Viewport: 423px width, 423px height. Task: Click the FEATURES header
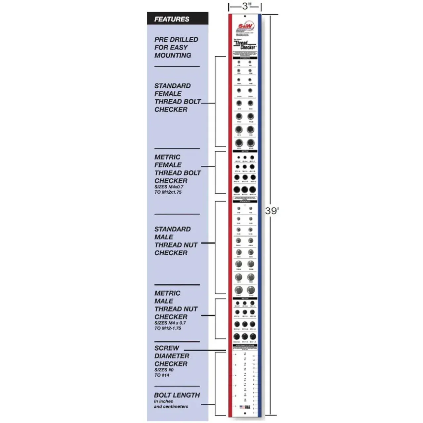tap(172, 19)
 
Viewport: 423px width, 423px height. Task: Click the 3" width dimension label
tap(245, 6)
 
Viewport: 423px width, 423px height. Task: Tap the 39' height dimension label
tap(272, 211)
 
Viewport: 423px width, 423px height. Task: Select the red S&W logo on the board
tap(245, 26)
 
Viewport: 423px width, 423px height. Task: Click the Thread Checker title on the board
tap(245, 45)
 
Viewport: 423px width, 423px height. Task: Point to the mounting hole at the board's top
tap(245, 16)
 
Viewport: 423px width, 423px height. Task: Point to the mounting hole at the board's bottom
tap(245, 413)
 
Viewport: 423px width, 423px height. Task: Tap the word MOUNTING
tap(173, 55)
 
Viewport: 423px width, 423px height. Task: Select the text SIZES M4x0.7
tap(169, 187)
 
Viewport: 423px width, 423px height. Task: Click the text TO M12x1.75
tap(168, 192)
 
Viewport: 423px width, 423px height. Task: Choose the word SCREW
tap(167, 348)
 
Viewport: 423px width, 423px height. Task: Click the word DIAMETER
tap(172, 356)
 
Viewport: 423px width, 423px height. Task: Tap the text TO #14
tap(162, 375)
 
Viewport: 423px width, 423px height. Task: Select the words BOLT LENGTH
tap(177, 395)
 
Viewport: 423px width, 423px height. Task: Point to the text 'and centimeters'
tap(171, 406)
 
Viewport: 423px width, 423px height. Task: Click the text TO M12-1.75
tap(168, 328)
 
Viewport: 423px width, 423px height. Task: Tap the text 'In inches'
tap(163, 401)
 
